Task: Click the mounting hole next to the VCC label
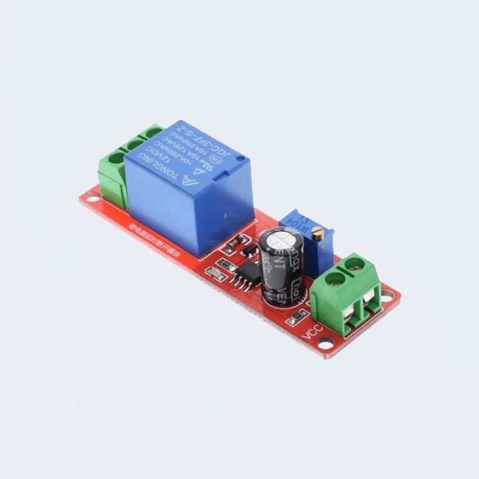(329, 341)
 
